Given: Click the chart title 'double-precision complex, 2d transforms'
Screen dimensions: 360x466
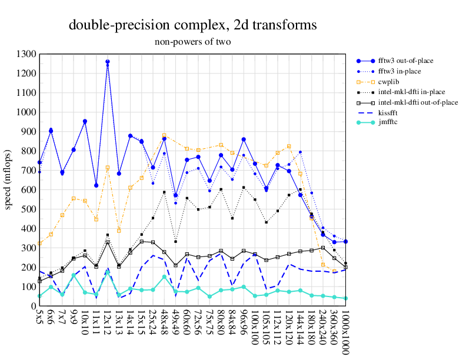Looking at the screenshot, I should [x=193, y=25].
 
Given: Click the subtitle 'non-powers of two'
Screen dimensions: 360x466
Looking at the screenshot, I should [x=193, y=42].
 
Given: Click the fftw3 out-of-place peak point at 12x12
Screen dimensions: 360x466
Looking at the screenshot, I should [x=108, y=62].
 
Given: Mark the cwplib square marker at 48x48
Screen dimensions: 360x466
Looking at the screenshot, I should [x=165, y=136].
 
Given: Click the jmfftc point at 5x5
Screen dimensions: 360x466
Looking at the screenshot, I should [x=39, y=296].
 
